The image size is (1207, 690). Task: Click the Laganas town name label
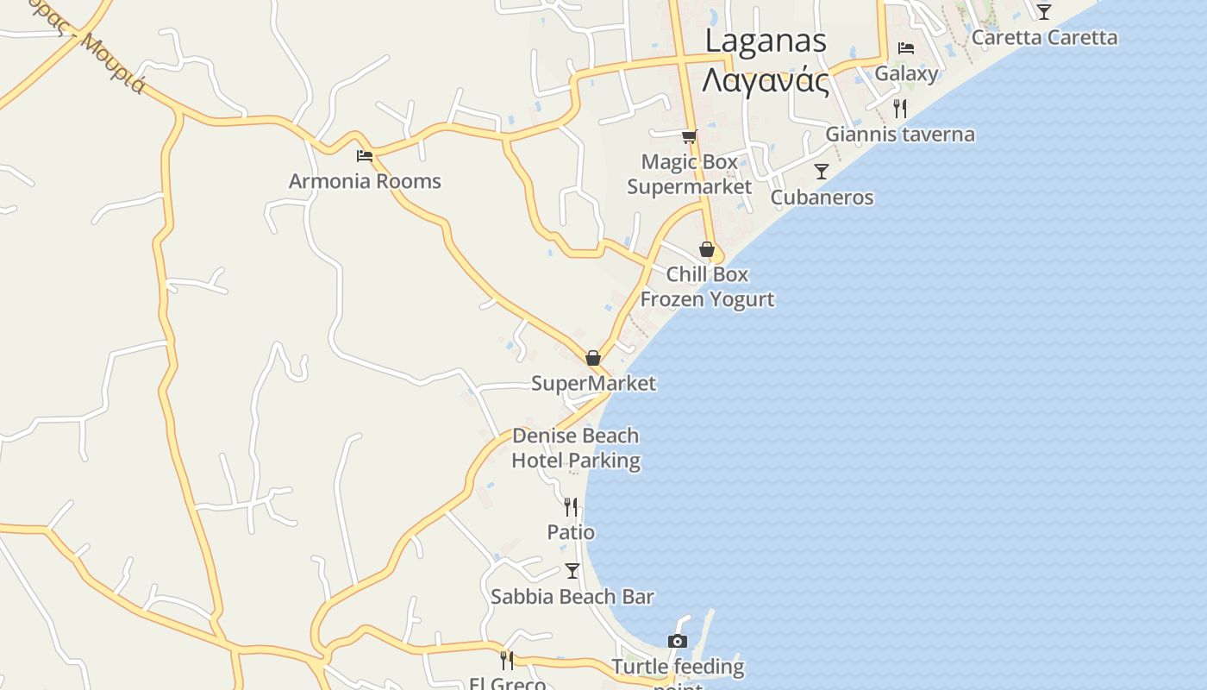pyautogui.click(x=766, y=41)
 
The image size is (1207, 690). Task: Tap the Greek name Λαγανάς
pyautogui.click(x=766, y=82)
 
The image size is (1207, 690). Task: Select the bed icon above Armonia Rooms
pyautogui.click(x=365, y=156)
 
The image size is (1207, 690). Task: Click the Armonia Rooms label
pyautogui.click(x=365, y=181)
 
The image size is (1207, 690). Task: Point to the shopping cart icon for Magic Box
pyautogui.click(x=689, y=136)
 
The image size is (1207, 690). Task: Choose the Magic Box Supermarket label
pyautogui.click(x=689, y=174)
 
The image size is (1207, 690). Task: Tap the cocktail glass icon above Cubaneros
pyautogui.click(x=822, y=172)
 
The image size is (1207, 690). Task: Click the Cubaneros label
pyautogui.click(x=822, y=198)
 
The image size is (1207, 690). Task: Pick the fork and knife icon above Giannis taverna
pyautogui.click(x=900, y=108)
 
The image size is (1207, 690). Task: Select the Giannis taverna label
pyautogui.click(x=900, y=134)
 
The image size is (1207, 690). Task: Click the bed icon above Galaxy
pyautogui.click(x=906, y=47)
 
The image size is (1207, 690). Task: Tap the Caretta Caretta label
pyautogui.click(x=1044, y=37)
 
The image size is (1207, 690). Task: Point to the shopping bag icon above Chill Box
pyautogui.click(x=707, y=249)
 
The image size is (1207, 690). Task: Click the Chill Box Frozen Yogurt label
pyautogui.click(x=707, y=287)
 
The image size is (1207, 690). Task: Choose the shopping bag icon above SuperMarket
pyautogui.click(x=593, y=357)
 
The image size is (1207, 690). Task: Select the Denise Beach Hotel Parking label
pyautogui.click(x=576, y=448)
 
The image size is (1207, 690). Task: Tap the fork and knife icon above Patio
pyautogui.click(x=571, y=506)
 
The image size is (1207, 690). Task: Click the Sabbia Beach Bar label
pyautogui.click(x=572, y=596)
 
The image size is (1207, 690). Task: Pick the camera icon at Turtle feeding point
pyautogui.click(x=678, y=641)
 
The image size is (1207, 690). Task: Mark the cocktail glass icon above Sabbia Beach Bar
pyautogui.click(x=572, y=570)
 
